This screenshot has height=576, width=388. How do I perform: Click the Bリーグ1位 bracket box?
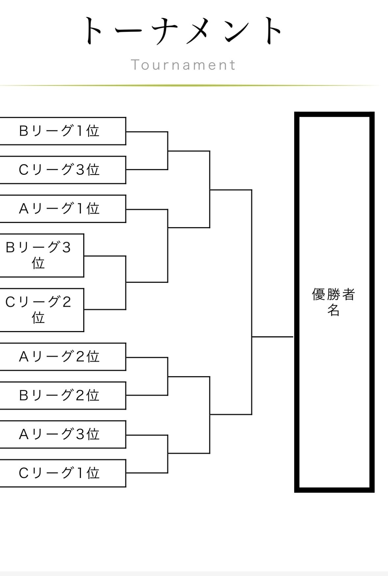(x=63, y=131)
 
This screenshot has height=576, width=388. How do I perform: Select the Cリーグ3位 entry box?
(x=63, y=170)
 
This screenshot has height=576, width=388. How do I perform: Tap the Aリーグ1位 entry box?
(x=63, y=209)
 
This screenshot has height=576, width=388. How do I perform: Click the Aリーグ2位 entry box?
(x=63, y=357)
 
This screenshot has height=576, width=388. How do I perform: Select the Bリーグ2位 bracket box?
(x=63, y=395)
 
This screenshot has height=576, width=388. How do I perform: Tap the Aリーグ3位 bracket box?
(x=63, y=434)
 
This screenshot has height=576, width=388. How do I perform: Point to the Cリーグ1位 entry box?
(x=63, y=473)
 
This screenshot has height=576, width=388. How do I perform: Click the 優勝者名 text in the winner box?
(x=333, y=302)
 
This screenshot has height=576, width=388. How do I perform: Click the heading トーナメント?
(x=183, y=31)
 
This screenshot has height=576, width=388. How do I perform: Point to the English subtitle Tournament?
(x=183, y=65)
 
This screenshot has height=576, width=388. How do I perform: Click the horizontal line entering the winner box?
(x=272, y=337)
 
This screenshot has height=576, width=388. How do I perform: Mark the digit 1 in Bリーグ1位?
(x=79, y=131)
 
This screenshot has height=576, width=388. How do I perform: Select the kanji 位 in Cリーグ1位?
(x=93, y=473)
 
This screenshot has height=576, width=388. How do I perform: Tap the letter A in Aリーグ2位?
(x=24, y=357)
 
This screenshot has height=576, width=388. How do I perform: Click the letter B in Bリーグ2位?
(x=24, y=395)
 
